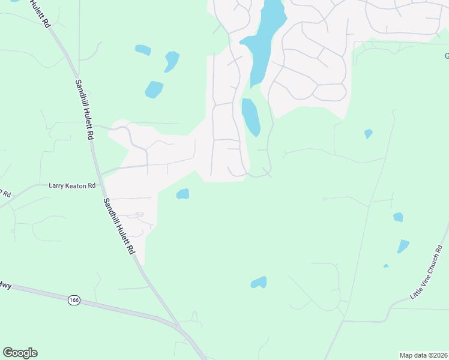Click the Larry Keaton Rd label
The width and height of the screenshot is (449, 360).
pos(71,186)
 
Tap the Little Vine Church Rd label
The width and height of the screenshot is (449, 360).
pos(429,274)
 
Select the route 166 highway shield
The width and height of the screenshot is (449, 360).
pos(74,300)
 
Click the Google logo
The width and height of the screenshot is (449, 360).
pos(20,353)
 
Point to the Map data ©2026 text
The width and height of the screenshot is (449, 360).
pos(423,355)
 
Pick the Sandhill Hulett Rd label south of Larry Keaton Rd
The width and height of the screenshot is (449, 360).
pos(119,227)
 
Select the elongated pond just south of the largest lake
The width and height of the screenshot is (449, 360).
pos(250,117)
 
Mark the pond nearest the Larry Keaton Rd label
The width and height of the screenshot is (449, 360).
pos(182,194)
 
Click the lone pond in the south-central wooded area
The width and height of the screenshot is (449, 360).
pos(259,282)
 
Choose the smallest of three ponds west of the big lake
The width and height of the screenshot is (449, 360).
pos(143,50)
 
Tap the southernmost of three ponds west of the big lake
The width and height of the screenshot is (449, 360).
pos(154,89)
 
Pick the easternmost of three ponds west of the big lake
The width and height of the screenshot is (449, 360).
pos(172,61)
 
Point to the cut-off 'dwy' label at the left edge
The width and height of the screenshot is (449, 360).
pos(5,286)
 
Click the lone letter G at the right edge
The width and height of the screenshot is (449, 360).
pos(446,56)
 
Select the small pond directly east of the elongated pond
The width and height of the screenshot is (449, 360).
pos(368,134)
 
